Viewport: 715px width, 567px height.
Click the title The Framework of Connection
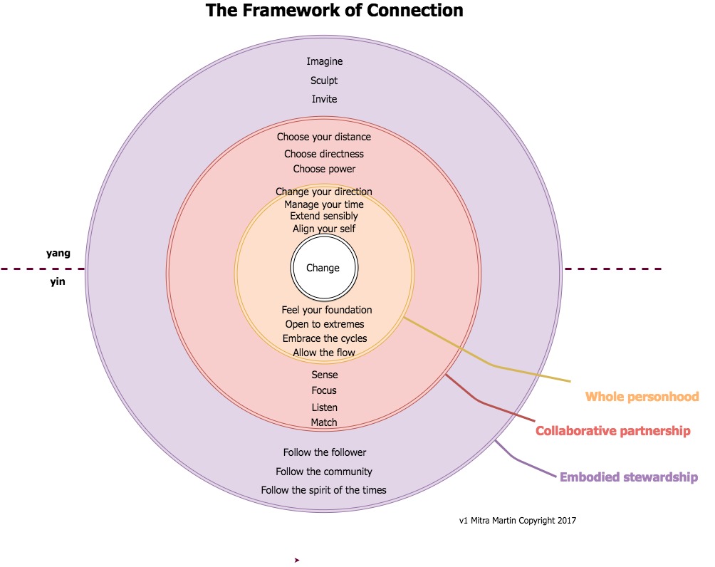pos(334,11)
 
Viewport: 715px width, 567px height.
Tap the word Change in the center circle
pos(323,269)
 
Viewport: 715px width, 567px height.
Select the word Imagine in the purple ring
pos(324,62)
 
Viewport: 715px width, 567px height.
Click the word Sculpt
pos(324,81)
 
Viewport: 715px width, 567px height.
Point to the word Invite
pos(324,99)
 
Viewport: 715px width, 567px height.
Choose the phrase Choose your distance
pos(324,137)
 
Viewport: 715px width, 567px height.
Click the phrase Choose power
pos(324,170)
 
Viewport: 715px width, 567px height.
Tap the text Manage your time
pos(324,204)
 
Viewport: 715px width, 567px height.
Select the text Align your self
pos(324,229)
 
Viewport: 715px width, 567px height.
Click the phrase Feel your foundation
pos(327,310)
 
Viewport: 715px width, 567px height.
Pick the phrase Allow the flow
pos(324,353)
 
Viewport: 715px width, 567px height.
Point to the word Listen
pos(324,407)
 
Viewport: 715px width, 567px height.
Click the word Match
pos(324,422)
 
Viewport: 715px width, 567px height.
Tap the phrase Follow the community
pos(324,472)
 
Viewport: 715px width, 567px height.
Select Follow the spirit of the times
pos(324,490)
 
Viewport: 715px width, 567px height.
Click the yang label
pos(58,252)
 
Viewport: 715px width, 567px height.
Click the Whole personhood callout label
pos(642,397)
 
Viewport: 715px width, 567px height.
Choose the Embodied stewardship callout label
pos(628,477)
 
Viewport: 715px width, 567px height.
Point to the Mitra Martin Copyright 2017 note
pos(518,521)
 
